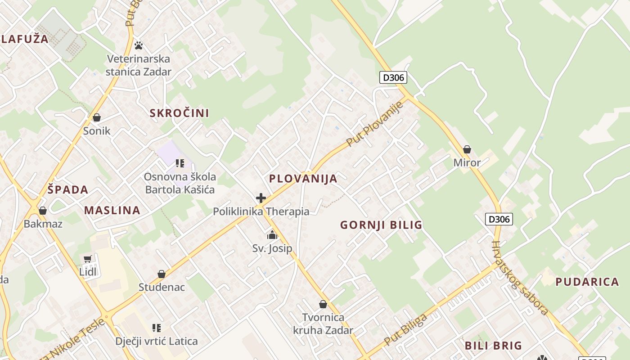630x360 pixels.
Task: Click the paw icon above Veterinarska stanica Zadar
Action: pos(139,45)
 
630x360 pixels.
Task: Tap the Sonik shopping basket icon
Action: pos(96,118)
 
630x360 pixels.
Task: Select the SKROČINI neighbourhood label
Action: pos(179,113)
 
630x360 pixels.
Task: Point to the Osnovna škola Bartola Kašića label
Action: pos(180,183)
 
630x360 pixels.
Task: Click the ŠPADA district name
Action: pos(68,190)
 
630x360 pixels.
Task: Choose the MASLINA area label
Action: pos(112,210)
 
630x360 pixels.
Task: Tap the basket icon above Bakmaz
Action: pos(43,211)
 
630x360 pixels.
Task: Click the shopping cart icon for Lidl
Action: pos(88,259)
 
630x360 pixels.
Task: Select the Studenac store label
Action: pos(162,287)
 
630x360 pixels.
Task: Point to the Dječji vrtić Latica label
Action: pos(156,341)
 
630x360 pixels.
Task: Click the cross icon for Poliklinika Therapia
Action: pos(261,198)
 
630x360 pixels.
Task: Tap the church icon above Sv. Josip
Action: pos(272,235)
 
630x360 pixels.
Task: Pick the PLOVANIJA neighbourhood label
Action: pos(303,179)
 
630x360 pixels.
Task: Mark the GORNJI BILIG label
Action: pos(381,225)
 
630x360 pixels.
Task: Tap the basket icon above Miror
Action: pos(467,149)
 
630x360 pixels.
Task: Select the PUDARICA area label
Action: pos(587,282)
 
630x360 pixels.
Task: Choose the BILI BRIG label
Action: pos(493,346)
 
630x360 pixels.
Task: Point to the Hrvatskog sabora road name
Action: pos(520,278)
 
